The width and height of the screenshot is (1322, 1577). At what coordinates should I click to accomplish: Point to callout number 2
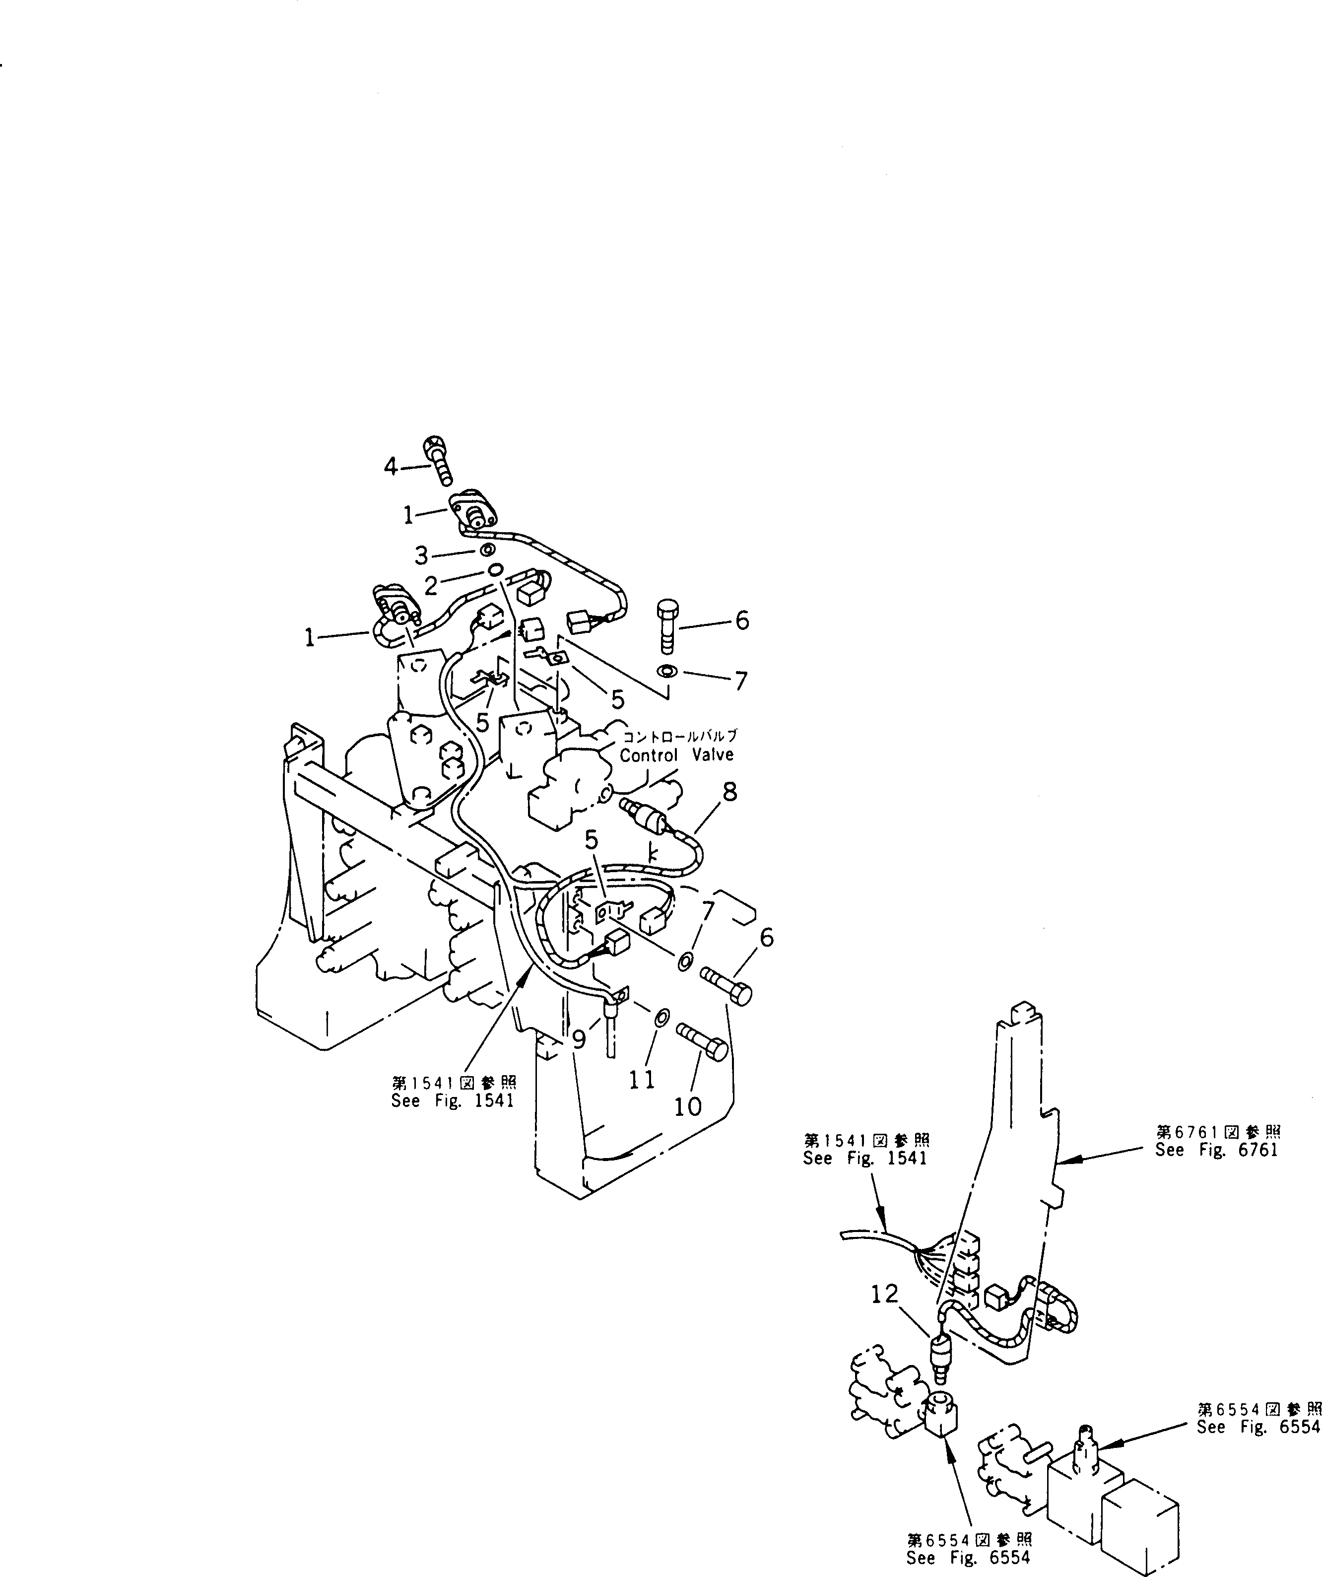pyautogui.click(x=431, y=585)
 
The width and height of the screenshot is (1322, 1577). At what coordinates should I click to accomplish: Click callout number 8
pyautogui.click(x=729, y=792)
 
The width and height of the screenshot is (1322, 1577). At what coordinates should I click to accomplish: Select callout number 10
pyautogui.click(x=688, y=1105)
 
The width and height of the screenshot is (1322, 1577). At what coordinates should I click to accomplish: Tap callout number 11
pyautogui.click(x=642, y=1079)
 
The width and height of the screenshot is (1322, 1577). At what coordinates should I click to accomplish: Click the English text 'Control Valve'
pyautogui.click(x=676, y=754)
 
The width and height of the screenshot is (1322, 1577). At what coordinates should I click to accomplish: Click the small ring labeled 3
pyautogui.click(x=487, y=549)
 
